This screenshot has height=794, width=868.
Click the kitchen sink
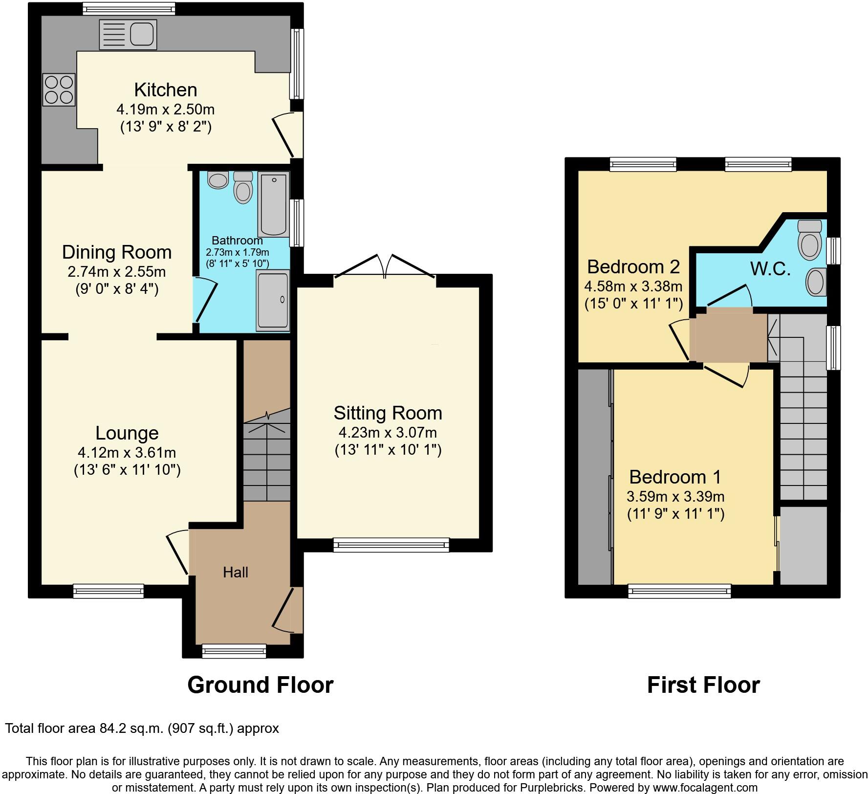[128, 34]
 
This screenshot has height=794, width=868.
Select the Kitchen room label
[166, 90]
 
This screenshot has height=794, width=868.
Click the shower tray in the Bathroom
[273, 300]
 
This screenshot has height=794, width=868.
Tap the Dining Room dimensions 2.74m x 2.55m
[117, 271]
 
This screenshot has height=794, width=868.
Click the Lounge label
[127, 433]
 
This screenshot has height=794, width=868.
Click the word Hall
[236, 573]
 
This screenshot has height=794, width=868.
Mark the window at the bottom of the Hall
[234, 651]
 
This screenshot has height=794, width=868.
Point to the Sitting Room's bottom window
[391, 545]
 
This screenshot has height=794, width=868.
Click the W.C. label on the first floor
[770, 268]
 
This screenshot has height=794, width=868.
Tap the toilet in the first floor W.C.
[809, 240]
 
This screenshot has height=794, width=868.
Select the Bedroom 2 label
[633, 267]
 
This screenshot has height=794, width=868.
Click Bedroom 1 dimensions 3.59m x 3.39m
[675, 497]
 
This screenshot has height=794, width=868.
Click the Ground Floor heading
[260, 685]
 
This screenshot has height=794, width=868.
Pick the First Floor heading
[703, 685]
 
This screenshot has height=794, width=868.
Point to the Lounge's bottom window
[108, 591]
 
